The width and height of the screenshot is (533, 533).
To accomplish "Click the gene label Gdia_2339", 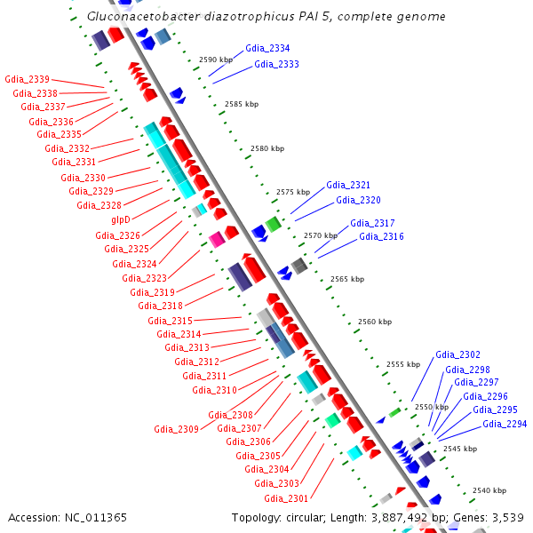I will tap(28, 79).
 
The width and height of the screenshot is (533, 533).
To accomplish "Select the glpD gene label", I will tap(121, 219).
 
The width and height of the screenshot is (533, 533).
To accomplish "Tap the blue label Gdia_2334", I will tap(267, 48).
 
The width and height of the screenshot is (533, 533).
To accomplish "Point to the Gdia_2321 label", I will tap(348, 185).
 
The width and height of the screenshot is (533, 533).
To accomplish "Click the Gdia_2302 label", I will tap(457, 355).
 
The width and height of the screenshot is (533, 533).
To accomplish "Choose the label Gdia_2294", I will tap(505, 424).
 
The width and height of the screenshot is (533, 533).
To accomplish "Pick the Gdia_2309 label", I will tap(176, 429).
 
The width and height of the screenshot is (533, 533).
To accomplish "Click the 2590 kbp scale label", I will tap(216, 60).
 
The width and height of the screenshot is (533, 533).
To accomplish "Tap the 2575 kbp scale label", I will tap(293, 192).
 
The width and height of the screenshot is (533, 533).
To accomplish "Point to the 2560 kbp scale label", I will tap(375, 322).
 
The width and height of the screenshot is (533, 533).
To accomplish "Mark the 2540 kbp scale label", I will tap(489, 490).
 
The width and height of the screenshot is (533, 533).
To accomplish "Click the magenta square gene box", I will tap(217, 239).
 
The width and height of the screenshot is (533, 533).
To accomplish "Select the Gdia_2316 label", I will tap(381, 236).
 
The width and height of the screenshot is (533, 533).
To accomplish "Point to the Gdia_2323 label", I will tap(144, 278).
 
